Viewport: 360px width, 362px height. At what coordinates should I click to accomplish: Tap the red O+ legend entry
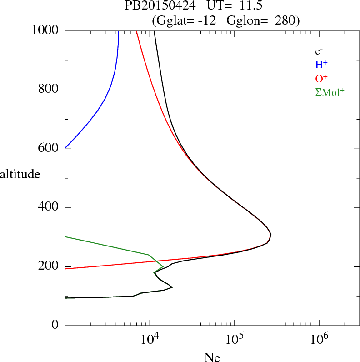pos(321,79)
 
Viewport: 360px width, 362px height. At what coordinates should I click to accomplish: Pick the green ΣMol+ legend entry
pos(330,92)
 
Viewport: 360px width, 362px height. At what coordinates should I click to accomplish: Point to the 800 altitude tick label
pos(50,90)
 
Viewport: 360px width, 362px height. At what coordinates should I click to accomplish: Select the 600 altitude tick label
pos(50,149)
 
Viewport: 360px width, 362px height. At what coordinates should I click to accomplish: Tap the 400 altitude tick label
pos(50,208)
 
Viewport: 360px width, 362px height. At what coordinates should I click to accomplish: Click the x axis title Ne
pos(212,357)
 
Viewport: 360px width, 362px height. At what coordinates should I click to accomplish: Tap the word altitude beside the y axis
pos(20,174)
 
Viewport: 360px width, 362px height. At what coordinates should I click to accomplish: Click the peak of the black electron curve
pos(271,235)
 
